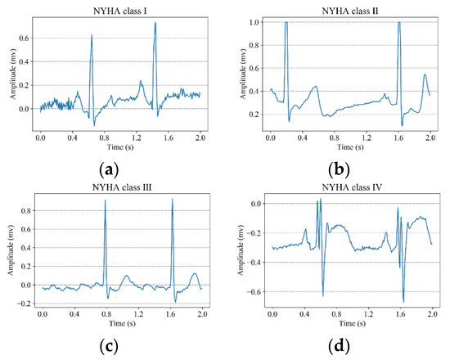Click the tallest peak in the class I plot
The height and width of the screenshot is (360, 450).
(155, 23)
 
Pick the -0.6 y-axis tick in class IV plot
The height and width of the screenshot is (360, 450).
(254, 291)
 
